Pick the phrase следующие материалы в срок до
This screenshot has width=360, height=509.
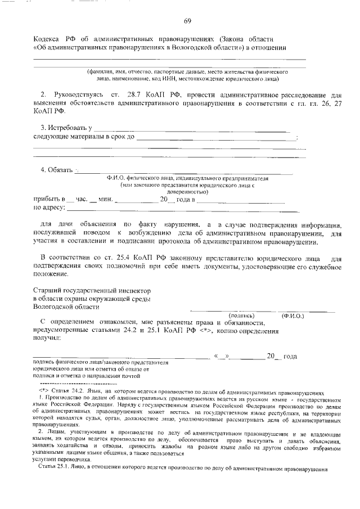tap(83, 137)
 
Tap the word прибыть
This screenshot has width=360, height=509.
tap(47, 199)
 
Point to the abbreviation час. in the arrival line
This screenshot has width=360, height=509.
tap(83, 199)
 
